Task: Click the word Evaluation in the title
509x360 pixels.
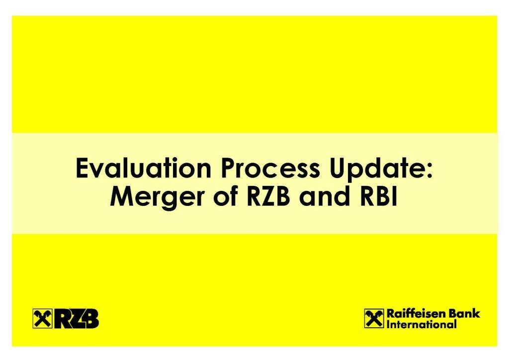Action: (144, 168)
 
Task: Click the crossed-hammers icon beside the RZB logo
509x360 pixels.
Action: (43, 318)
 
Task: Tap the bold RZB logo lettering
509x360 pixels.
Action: (77, 318)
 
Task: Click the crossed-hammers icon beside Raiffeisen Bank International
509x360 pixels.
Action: (374, 318)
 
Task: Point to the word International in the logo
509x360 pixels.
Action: (422, 324)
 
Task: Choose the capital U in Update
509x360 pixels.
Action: (338, 169)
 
